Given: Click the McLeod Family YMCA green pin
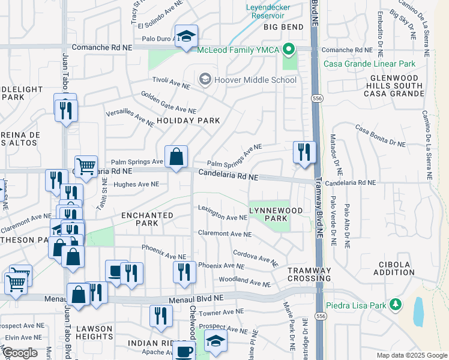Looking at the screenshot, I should pyautogui.click(x=289, y=50).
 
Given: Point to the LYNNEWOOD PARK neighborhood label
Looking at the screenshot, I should pyautogui.click(x=268, y=214).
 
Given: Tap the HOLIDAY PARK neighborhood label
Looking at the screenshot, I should pyautogui.click(x=188, y=121).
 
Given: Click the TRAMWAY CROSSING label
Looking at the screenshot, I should pyautogui.click(x=309, y=275).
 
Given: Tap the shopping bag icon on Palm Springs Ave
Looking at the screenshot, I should pyautogui.click(x=176, y=158).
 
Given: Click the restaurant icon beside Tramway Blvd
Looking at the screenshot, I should pyautogui.click(x=304, y=151).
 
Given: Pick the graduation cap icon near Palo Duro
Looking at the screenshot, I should pyautogui.click(x=186, y=35).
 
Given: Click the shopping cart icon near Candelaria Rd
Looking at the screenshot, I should pyautogui.click(x=86, y=167).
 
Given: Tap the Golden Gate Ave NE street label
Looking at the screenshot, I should pyautogui.click(x=169, y=102).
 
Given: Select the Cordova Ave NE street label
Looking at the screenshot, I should pyautogui.click(x=255, y=259).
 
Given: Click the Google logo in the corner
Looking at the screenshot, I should pyautogui.click(x=19, y=353).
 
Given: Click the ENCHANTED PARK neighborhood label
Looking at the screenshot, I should pyautogui.click(x=147, y=219).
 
